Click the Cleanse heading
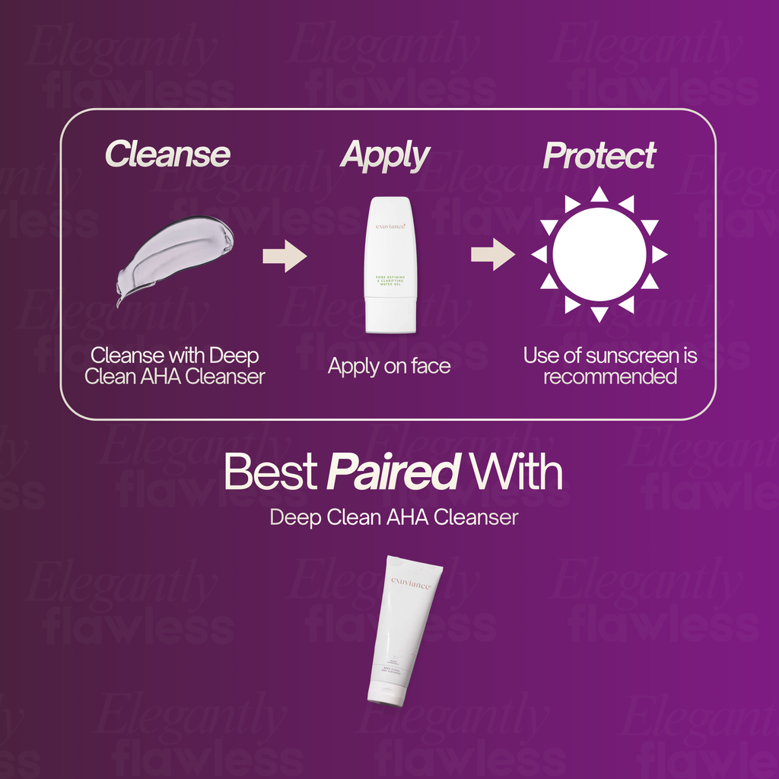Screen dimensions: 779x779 [x=167, y=154]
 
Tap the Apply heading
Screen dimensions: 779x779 [x=385, y=155]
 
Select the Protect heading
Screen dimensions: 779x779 [x=599, y=156]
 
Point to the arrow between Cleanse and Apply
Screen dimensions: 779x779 [x=284, y=256]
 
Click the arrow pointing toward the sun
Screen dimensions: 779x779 [x=492, y=254]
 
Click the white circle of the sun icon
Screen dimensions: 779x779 [x=599, y=254]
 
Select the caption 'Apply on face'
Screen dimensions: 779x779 [x=389, y=366]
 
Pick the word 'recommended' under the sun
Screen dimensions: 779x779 [x=609, y=377]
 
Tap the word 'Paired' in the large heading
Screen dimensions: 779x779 [x=393, y=473]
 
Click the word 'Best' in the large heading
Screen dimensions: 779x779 [x=270, y=473]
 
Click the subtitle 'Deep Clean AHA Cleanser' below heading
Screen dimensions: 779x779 [x=394, y=518]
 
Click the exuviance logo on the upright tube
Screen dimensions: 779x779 [x=390, y=224]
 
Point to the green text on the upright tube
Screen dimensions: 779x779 [x=390, y=279]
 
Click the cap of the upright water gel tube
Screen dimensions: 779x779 [x=390, y=315]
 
